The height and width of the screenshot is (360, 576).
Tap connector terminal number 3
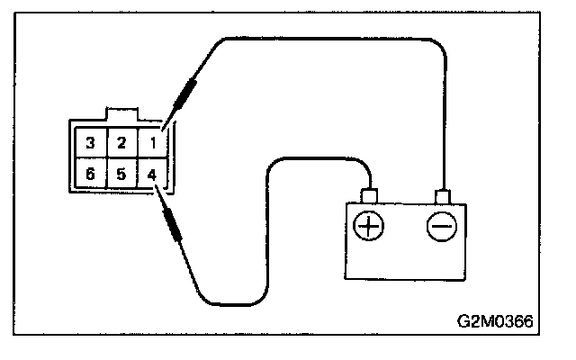point(89,142)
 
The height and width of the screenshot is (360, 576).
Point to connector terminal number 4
point(153,174)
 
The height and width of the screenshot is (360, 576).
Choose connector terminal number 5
point(121,174)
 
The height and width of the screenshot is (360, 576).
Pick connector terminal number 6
point(89,174)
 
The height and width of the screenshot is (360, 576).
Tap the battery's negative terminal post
point(441,195)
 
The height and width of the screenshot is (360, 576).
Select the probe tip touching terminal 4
point(158,191)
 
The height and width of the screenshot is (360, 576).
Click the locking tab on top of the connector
point(121,114)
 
